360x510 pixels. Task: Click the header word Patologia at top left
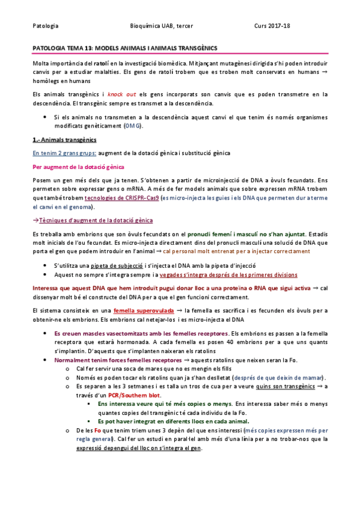pyautogui.click(x=45, y=26)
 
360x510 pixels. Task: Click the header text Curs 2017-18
pyautogui.click(x=272, y=26)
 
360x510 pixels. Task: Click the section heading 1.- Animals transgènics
pyautogui.click(x=59, y=140)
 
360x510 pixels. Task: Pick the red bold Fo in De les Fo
pyautogui.click(x=99, y=431)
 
